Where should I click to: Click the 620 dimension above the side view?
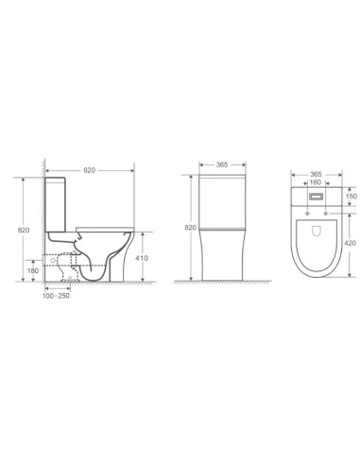[90, 170]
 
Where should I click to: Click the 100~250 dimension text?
[58, 296]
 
